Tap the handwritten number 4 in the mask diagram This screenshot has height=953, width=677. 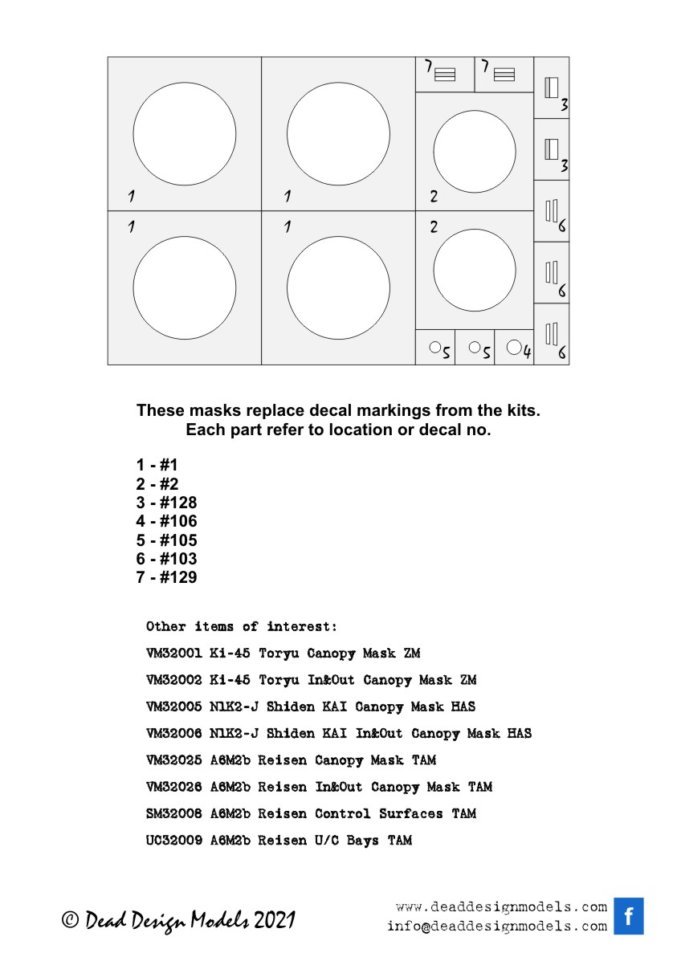(528, 351)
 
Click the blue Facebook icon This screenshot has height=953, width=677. (629, 916)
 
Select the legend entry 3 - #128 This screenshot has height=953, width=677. (166, 503)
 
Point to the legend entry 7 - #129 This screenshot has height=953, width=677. (166, 577)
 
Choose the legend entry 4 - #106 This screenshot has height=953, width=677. (166, 522)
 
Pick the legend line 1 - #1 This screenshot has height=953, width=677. (157, 466)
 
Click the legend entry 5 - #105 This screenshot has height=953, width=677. (166, 540)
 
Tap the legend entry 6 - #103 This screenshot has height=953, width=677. (166, 559)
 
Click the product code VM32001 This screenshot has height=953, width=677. (173, 654)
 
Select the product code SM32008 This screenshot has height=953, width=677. (173, 813)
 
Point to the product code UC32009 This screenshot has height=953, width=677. (173, 841)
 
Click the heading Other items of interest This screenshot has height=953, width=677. (242, 626)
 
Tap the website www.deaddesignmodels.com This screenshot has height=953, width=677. (501, 907)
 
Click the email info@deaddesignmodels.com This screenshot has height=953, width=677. (496, 926)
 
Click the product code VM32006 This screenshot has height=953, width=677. (173, 733)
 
